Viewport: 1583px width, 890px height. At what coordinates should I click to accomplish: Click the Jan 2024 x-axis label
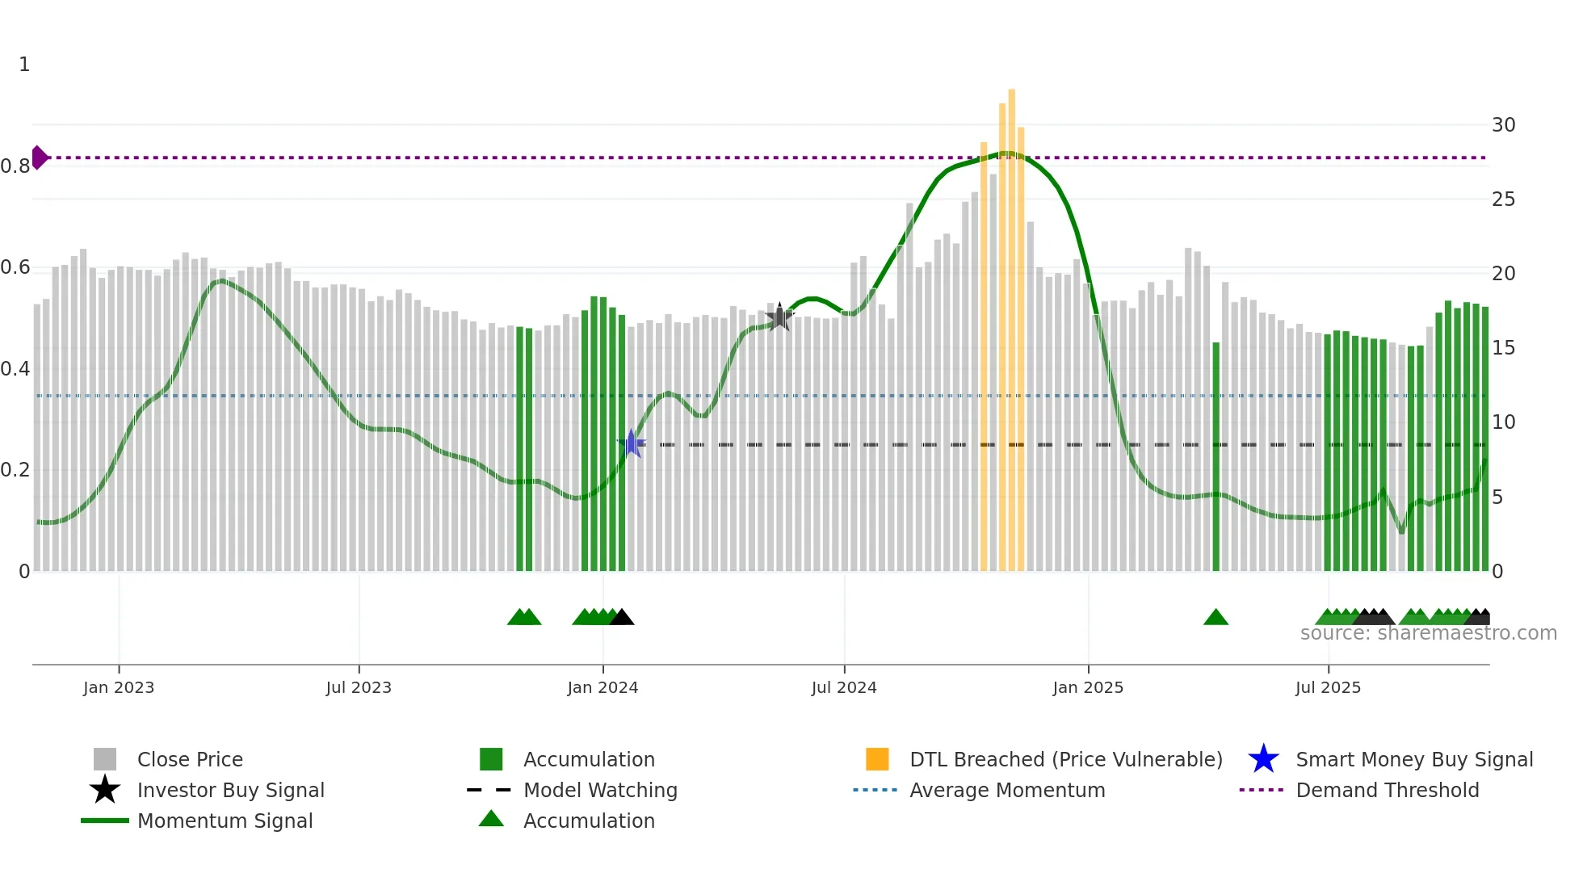coord(603,687)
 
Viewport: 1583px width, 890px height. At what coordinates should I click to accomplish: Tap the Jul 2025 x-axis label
coord(1328,687)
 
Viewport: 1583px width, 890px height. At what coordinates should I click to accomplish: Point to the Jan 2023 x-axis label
coord(119,687)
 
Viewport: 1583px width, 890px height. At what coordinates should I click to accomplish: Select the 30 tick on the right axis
coord(1503,125)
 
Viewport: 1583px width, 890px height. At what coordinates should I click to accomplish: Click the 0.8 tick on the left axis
coord(15,166)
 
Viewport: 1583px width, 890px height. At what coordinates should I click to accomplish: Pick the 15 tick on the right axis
coord(1503,348)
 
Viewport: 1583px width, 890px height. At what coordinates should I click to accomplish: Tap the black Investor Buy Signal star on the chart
coord(779,318)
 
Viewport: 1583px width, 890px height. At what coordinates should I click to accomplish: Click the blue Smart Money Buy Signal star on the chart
coord(632,444)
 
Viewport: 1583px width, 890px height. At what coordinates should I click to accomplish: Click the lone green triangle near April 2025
coord(1216,618)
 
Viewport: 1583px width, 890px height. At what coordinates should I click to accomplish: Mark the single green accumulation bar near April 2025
coord(1216,456)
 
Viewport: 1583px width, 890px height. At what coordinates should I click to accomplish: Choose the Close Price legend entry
coord(190,759)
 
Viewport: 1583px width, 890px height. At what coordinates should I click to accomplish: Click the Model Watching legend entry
coord(600,790)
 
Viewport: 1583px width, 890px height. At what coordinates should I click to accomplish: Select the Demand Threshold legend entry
coord(1387,790)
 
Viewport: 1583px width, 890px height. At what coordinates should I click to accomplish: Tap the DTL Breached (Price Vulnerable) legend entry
coord(1065,759)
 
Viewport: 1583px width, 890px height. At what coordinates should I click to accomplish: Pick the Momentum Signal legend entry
coord(225,821)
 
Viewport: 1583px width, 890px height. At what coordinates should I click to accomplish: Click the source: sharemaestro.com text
coord(1428,633)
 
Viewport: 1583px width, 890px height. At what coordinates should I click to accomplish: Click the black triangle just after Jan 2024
coord(622,618)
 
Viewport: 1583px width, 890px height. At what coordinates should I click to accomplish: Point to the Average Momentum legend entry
coord(1007,790)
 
